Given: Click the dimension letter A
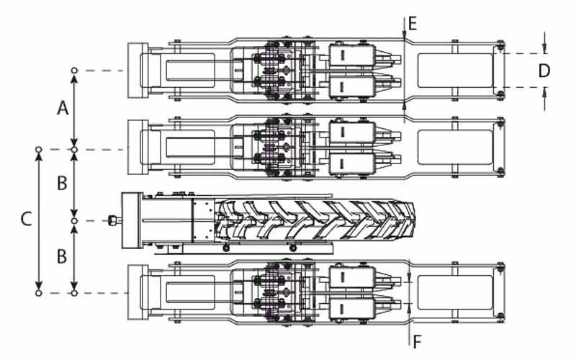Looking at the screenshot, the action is pos(63,109).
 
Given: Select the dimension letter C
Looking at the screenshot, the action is pos(26,219).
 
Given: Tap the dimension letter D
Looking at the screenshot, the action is pos(544,71).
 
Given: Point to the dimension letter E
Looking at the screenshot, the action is pos(413,24).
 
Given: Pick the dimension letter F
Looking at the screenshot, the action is pos(417,342).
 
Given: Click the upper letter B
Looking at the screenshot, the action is pos(63,183).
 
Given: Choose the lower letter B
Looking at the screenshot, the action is pos(62,256).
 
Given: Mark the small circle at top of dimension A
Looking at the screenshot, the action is pos(75,70).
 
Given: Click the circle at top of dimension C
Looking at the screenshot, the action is pos(39,150).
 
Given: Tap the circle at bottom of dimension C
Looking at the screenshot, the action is pos(39,293).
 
